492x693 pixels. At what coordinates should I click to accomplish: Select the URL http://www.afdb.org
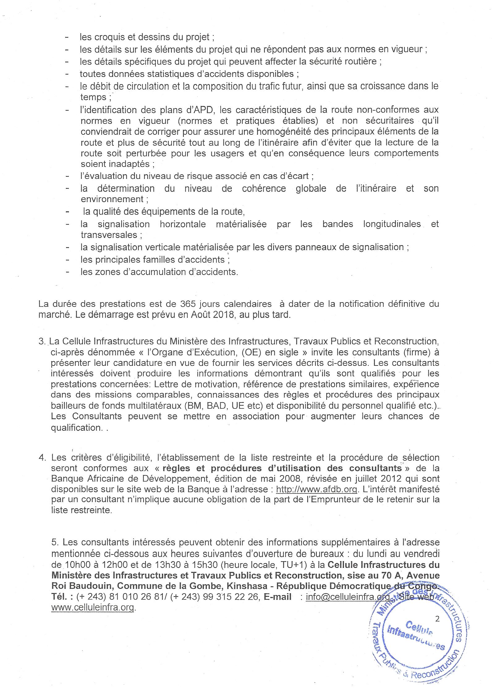click(x=316, y=489)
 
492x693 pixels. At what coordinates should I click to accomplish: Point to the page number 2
click(x=437, y=619)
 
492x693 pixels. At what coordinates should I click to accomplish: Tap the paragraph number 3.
click(x=41, y=341)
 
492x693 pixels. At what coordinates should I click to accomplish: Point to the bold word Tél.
click(x=60, y=597)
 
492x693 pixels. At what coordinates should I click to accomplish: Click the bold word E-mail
click(x=277, y=597)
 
